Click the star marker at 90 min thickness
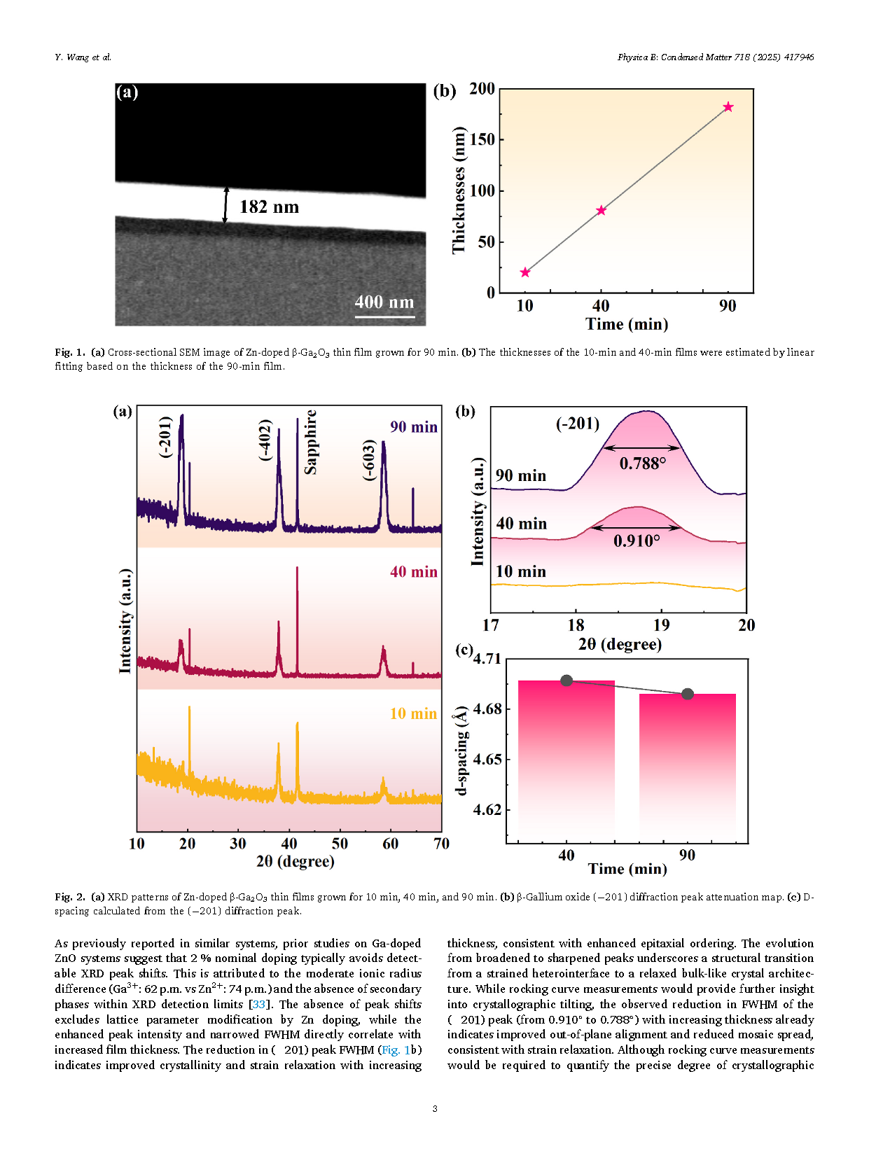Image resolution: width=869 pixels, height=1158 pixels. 728,107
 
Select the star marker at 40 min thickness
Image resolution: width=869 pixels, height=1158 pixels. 601,210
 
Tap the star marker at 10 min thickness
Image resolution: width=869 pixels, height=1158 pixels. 525,272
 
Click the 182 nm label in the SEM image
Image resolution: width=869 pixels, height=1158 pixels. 269,207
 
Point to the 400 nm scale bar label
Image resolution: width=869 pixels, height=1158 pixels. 384,302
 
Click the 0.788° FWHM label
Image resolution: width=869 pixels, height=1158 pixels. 642,463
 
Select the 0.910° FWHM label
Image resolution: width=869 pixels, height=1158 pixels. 637,540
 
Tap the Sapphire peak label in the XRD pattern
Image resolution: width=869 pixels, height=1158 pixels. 310,442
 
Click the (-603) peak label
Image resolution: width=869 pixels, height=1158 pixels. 369,460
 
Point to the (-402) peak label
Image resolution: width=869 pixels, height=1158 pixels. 265,440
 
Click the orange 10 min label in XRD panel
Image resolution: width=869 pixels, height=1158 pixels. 413,713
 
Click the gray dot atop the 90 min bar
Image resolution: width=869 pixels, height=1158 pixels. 688,694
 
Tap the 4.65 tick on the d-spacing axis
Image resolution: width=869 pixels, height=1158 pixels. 487,760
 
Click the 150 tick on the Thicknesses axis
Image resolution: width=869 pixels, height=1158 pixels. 482,139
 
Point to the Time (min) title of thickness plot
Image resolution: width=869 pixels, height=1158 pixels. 627,324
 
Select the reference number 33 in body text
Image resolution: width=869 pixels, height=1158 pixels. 259,1005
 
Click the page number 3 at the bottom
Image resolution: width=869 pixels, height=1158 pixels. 435,1108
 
